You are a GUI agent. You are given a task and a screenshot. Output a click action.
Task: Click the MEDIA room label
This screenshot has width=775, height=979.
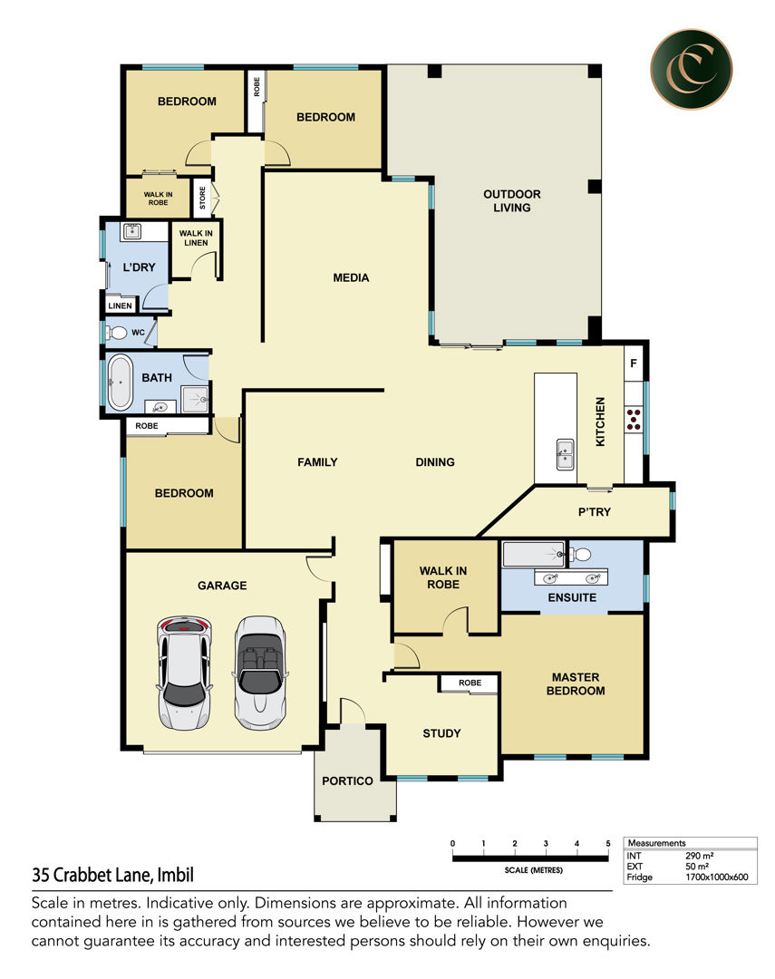(x=351, y=278)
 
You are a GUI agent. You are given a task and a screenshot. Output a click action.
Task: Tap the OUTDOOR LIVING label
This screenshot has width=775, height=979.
(x=512, y=201)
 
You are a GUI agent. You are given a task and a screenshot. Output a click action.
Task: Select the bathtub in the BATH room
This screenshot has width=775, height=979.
(x=120, y=383)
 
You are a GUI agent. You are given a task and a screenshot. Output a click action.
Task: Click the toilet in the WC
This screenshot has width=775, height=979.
(x=117, y=332)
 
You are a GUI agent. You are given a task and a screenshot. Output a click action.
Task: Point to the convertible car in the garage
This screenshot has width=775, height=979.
(x=260, y=673)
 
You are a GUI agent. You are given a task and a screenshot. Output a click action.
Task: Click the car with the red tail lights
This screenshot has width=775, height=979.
(x=184, y=673)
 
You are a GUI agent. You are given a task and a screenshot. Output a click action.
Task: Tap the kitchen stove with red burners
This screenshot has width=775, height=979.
(x=634, y=419)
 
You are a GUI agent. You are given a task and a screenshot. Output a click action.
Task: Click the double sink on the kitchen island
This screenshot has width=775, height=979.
(x=566, y=454)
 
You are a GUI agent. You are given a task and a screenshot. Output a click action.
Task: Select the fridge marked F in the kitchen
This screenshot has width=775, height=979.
(x=634, y=363)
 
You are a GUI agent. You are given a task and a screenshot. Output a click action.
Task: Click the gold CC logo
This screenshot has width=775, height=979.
(x=691, y=69)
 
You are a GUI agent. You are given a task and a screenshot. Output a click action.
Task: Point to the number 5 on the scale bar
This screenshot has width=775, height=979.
(x=607, y=844)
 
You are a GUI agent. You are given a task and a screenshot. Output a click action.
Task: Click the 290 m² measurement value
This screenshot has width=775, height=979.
(x=700, y=856)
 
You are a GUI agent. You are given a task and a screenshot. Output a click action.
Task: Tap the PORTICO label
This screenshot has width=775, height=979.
(x=347, y=781)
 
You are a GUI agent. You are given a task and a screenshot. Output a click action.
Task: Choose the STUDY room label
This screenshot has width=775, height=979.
(x=441, y=733)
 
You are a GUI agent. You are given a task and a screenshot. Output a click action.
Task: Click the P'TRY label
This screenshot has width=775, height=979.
(x=594, y=512)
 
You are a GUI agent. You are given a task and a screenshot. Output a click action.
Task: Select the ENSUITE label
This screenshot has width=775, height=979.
(x=572, y=597)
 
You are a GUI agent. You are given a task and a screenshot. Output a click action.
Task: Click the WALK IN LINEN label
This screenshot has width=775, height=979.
(x=196, y=237)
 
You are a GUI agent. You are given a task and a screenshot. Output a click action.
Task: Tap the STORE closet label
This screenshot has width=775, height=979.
(x=202, y=198)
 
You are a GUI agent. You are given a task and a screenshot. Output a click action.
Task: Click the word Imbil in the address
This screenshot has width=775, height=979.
(x=176, y=875)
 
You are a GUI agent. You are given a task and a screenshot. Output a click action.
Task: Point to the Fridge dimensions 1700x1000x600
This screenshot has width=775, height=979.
(x=716, y=877)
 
